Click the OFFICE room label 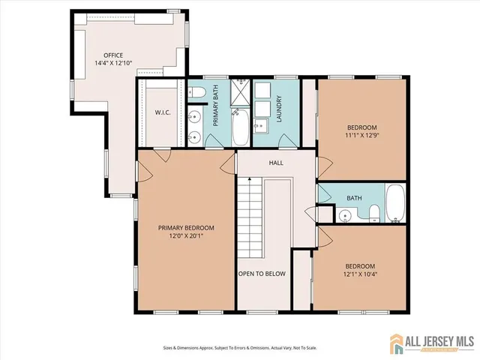click(113, 55)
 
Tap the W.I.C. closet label click(164, 113)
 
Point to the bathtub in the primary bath click(241, 128)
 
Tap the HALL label click(275, 161)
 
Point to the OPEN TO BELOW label click(262, 274)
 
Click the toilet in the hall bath click(373, 214)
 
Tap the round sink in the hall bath click(345, 214)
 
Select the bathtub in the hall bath click(394, 202)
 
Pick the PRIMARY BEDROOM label click(186, 228)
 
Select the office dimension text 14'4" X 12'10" click(113, 64)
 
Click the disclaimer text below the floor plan click(240, 347)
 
